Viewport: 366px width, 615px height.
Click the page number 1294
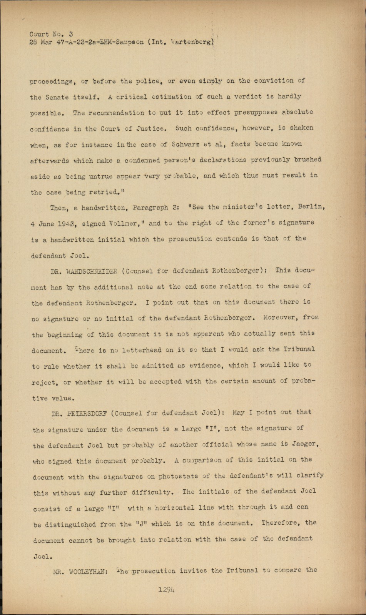tap(166, 589)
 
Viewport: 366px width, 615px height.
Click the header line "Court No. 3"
tap(51, 34)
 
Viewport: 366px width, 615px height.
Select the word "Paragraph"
tap(150, 208)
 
